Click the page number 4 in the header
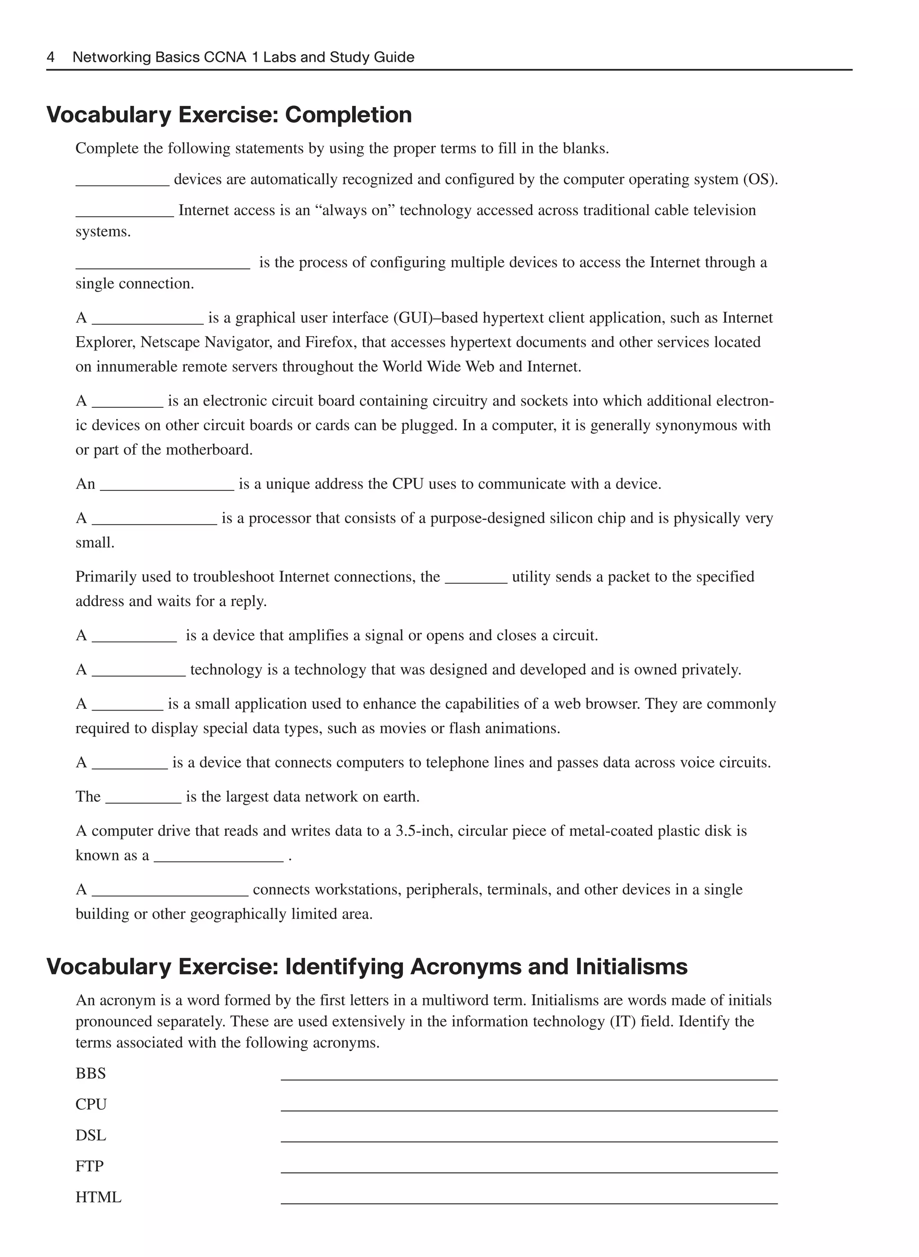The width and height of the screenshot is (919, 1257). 51,57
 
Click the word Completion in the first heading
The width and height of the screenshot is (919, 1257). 348,115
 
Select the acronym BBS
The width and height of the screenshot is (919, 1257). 91,1074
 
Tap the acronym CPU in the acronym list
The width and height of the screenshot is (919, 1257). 91,1104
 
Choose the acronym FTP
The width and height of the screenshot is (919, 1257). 90,1166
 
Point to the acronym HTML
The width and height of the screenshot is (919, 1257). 98,1197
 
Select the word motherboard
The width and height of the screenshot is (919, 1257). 210,450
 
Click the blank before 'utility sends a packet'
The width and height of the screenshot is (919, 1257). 476,581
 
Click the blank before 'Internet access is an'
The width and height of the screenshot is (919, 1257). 125,215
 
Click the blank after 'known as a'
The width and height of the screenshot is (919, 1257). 218,860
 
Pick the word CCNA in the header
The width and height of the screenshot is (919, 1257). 225,57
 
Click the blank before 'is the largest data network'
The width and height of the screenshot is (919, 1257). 143,802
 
